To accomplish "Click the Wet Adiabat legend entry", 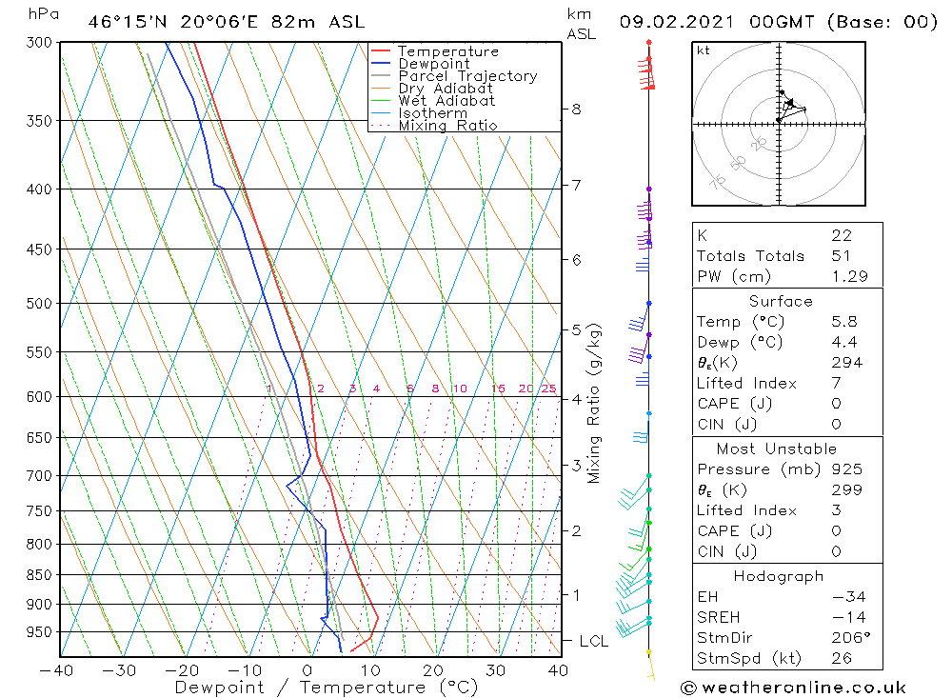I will coord(446,101).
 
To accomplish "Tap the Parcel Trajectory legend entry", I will coord(467,76).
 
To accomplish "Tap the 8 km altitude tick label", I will coord(576,109).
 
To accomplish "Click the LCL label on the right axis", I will coord(593,642).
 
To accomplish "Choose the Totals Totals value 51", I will coord(842,256).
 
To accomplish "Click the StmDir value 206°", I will coord(847,638).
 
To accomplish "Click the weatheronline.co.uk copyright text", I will coord(793,688).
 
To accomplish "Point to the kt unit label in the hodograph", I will coord(704,51).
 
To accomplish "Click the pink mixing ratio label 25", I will coord(549,389).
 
